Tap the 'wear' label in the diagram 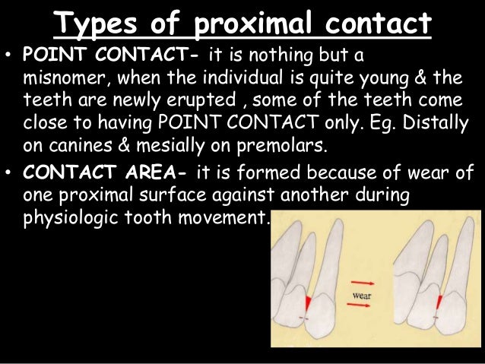[361, 294]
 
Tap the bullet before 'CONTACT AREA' [10, 173]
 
